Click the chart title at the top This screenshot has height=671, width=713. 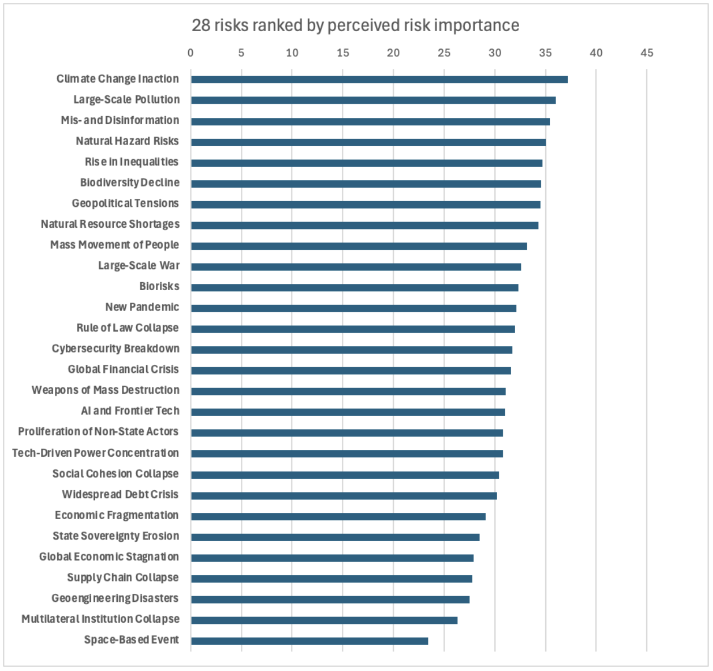point(355,26)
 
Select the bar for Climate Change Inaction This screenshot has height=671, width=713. point(379,79)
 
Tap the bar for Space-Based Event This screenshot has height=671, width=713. point(309,641)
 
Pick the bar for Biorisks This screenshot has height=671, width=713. point(354,287)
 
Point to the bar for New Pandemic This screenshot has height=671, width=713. point(353,308)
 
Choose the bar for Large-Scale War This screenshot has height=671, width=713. point(355,267)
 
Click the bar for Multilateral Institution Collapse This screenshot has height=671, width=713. point(324,620)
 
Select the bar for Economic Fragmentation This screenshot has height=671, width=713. point(338,516)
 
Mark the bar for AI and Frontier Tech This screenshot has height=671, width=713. point(347,412)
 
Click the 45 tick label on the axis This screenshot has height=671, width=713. point(647,53)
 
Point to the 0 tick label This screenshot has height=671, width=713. point(190,53)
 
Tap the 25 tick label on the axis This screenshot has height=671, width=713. point(444,53)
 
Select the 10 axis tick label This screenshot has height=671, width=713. point(292,53)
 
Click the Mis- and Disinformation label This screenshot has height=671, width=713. point(120,120)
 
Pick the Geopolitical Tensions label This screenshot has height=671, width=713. point(125,203)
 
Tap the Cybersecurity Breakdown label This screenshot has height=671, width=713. point(115,349)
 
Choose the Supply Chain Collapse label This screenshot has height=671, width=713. point(122,577)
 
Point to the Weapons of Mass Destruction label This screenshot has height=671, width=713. point(105,390)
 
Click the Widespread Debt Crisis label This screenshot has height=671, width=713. point(120,494)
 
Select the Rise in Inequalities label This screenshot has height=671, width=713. point(131,162)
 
